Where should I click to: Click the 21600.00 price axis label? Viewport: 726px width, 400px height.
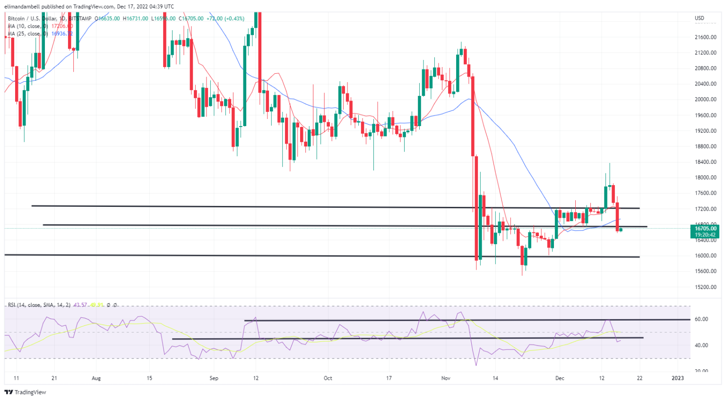point(705,37)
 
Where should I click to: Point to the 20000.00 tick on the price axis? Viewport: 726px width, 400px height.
point(705,100)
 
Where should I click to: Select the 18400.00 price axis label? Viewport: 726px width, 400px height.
point(705,162)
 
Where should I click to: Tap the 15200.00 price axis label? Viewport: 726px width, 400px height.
point(705,287)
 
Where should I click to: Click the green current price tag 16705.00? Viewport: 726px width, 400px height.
point(705,229)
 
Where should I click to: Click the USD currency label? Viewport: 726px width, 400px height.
point(699,18)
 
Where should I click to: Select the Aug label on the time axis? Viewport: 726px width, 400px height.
point(96,378)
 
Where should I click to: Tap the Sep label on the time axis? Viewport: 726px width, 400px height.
point(214,378)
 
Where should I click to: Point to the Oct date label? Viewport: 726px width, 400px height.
point(328,378)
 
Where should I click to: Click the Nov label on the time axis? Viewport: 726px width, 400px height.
point(446,378)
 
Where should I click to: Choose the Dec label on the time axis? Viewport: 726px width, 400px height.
point(560,378)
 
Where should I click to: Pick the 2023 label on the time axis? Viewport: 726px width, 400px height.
point(678,378)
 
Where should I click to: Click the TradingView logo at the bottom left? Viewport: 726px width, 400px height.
point(26,392)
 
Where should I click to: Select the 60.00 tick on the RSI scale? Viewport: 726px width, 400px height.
point(701,319)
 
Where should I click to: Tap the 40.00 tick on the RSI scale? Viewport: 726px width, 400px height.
point(701,345)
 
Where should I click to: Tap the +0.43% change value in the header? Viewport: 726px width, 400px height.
point(235,19)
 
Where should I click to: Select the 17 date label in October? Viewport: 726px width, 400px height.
point(389,378)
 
